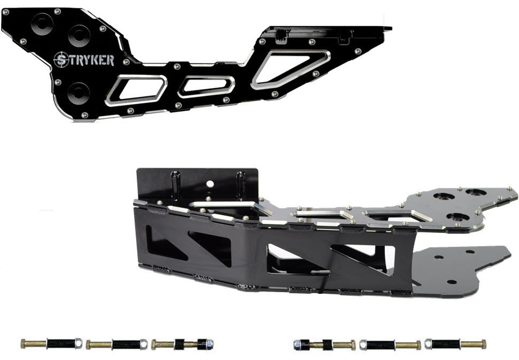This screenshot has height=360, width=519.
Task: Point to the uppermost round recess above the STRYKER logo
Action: point(42,24)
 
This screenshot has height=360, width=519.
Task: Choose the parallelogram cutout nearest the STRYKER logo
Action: point(136,90)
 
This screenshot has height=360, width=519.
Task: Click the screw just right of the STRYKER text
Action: point(126,62)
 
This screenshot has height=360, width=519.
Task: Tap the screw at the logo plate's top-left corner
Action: point(6,12)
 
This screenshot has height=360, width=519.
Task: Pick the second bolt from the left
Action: point(116,344)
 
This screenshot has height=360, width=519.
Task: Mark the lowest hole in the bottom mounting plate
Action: point(452,281)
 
